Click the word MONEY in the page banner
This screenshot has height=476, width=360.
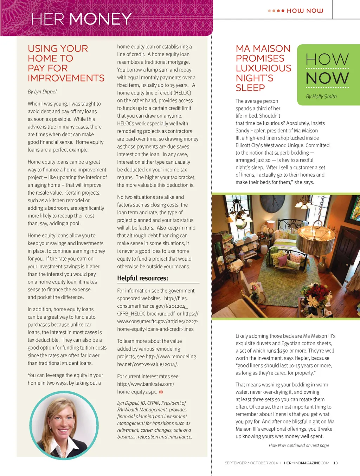101,19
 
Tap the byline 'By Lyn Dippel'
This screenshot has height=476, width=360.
42,92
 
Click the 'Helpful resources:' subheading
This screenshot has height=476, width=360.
142,278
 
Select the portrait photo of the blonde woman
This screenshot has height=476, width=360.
64,425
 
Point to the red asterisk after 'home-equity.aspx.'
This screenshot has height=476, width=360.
161,392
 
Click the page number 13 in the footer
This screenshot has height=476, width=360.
335,463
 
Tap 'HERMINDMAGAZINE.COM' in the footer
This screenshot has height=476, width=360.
306,463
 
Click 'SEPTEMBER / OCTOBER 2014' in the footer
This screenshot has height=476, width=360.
251,463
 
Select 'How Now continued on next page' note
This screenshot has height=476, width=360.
298,445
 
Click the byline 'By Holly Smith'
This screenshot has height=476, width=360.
321,97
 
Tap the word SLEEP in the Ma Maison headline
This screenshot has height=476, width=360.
250,88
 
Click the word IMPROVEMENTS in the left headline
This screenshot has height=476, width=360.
66,78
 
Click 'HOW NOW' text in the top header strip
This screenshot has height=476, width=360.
305,11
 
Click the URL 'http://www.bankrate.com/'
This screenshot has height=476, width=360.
146,384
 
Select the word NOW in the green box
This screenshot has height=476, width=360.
327,78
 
